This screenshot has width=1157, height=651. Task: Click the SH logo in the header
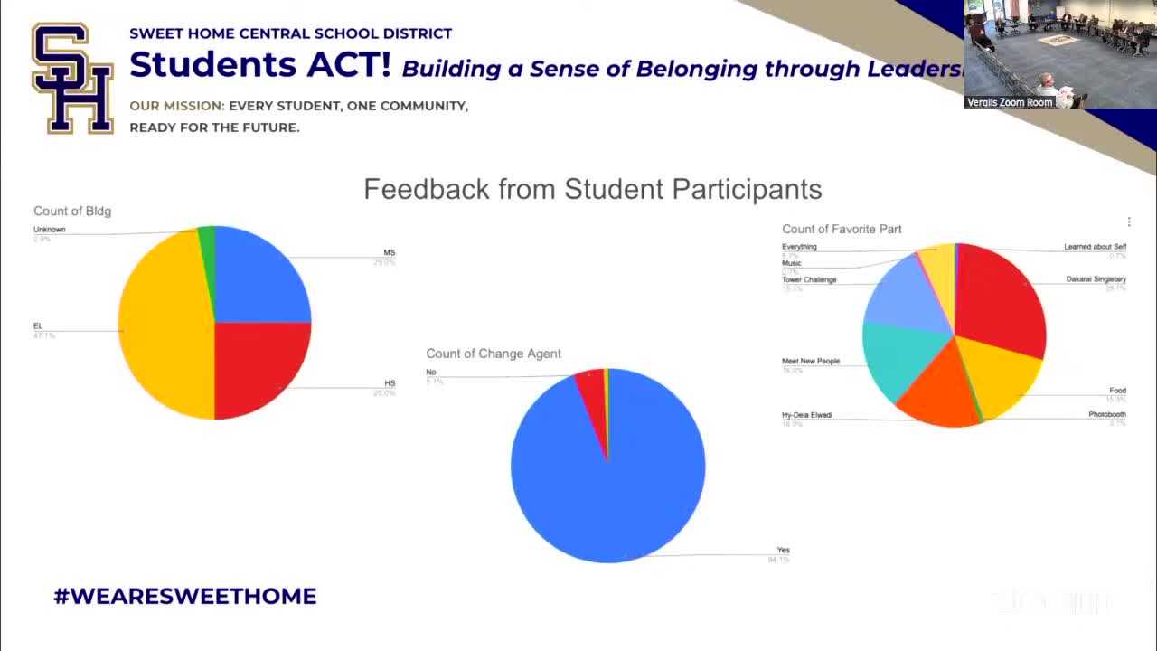(x=72, y=79)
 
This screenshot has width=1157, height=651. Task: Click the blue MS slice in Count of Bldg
(x=262, y=276)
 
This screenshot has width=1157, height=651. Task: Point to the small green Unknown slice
(x=207, y=237)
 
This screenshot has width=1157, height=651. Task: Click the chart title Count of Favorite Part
(x=842, y=229)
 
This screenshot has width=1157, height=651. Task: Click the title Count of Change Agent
(x=494, y=354)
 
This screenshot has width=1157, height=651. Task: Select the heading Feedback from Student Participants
(x=592, y=189)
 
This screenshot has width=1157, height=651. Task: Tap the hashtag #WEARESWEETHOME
(x=185, y=596)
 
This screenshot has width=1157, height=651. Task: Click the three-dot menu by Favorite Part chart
(x=1128, y=222)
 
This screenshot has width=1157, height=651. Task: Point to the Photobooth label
(x=1106, y=415)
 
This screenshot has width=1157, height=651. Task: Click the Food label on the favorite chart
(x=1117, y=391)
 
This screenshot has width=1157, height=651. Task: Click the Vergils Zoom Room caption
(x=1010, y=102)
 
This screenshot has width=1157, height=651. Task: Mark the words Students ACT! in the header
(x=260, y=65)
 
